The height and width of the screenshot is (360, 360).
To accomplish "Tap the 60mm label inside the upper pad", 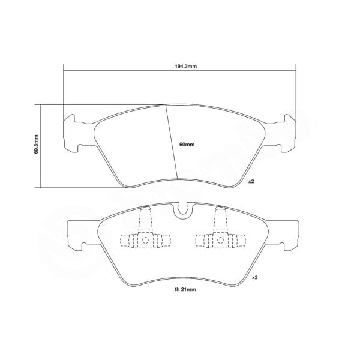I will click(x=187, y=145).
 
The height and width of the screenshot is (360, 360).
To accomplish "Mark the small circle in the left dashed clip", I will click(x=145, y=241).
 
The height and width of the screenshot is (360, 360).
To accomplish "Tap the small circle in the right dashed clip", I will click(x=220, y=241).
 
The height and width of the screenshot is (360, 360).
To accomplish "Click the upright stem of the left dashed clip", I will click(x=145, y=219).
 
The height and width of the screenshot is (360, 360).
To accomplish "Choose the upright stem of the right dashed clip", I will click(x=220, y=219).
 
